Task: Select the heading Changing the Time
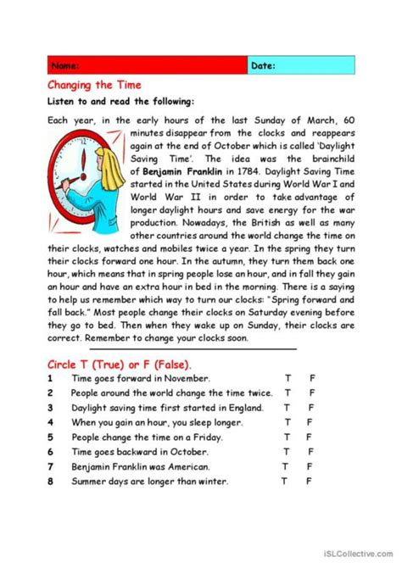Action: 93,85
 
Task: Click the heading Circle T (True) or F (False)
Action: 119,364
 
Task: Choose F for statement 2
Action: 311,393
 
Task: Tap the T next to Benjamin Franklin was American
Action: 285,467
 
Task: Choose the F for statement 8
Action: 309,482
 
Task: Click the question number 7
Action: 50,467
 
